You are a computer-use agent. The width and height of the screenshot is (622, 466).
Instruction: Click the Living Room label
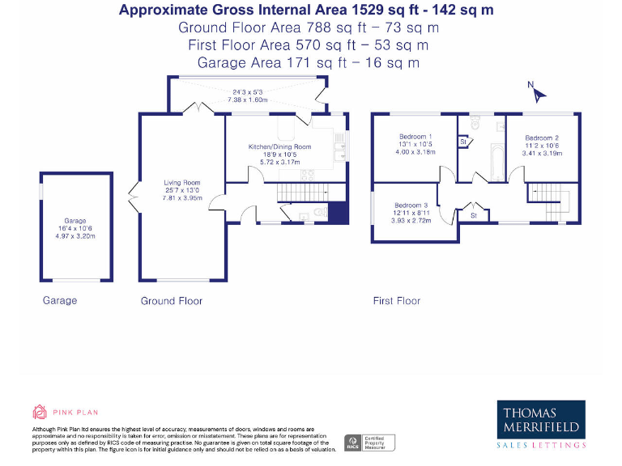coord(181,183)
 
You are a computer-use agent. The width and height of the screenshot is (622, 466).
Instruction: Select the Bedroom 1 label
coord(415,136)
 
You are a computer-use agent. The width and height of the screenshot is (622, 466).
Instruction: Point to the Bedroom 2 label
coord(540,138)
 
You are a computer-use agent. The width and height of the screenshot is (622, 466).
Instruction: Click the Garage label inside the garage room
coord(75,220)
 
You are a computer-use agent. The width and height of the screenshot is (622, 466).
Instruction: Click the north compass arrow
coord(537,91)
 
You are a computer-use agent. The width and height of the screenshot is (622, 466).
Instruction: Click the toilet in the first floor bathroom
coord(474,124)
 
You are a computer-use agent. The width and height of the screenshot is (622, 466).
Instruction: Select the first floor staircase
coord(548,194)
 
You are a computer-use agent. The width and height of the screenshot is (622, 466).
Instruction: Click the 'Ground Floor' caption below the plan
coord(171,300)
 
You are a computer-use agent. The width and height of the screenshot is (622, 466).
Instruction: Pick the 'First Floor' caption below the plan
coord(396,300)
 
